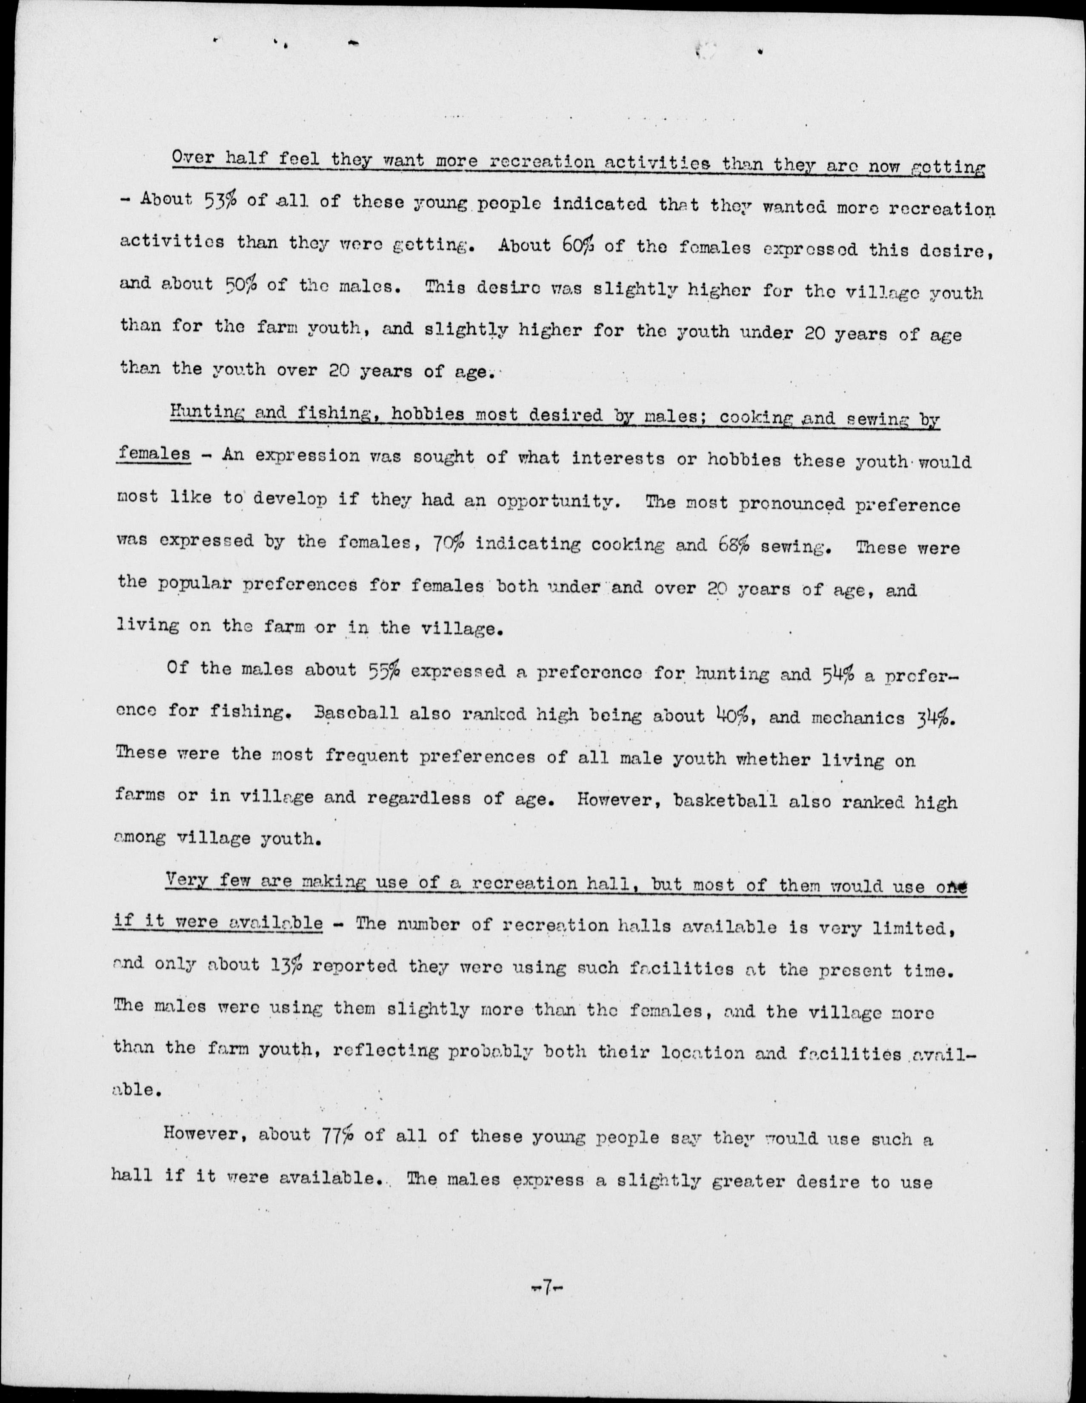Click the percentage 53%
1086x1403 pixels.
tap(222, 201)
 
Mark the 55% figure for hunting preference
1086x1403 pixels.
tap(385, 671)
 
